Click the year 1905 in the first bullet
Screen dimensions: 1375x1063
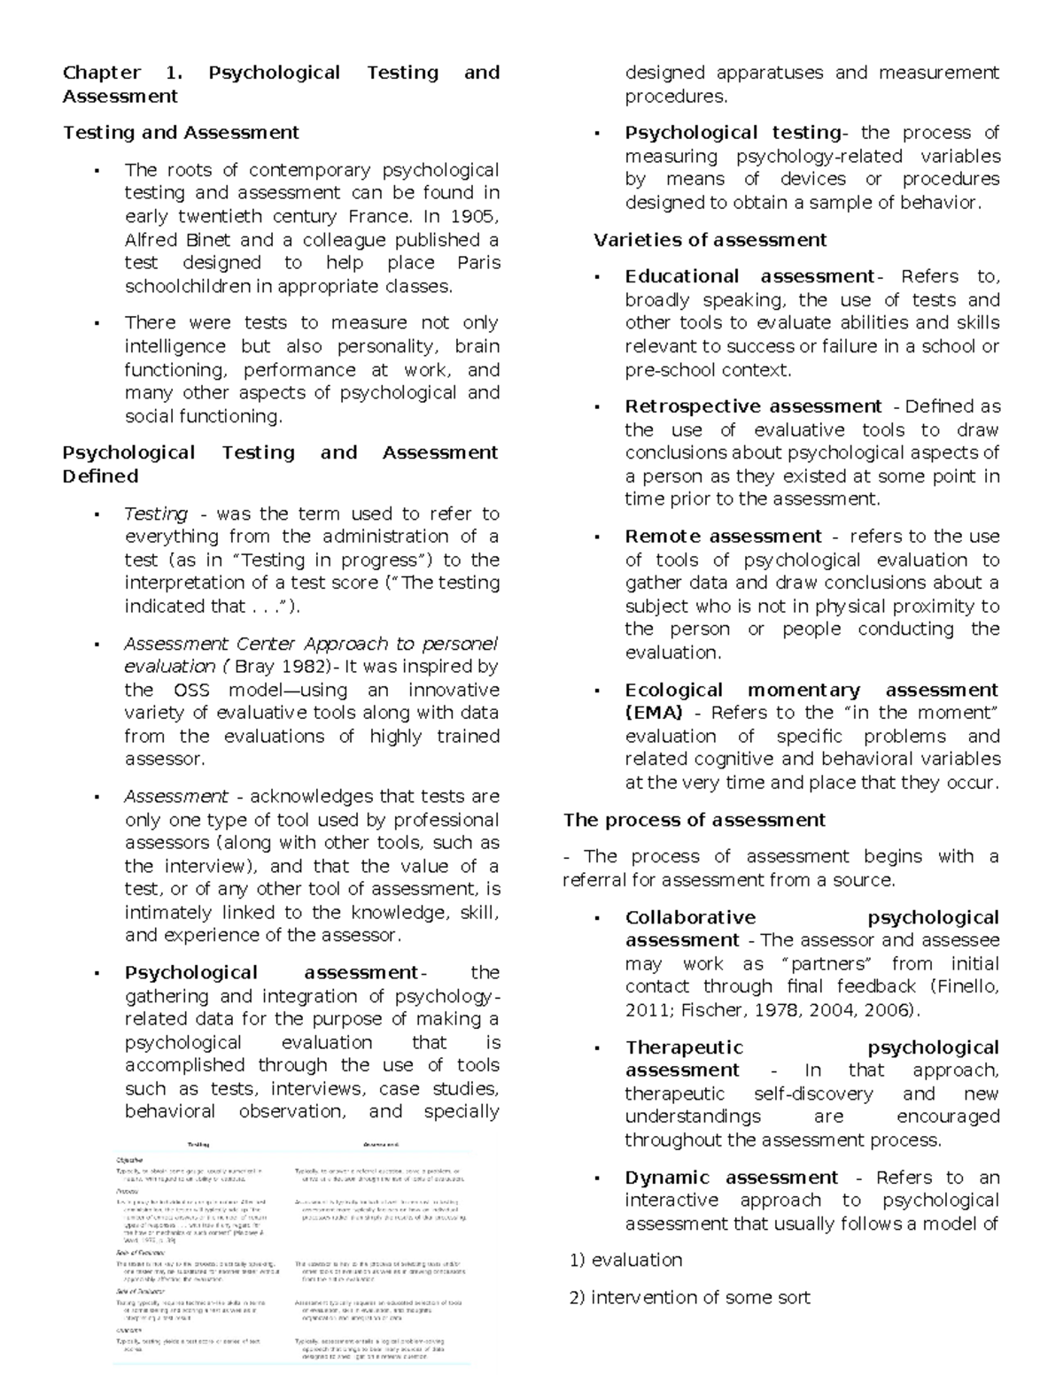[477, 216]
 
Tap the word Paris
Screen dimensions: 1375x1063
[478, 263]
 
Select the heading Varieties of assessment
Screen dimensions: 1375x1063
[710, 240]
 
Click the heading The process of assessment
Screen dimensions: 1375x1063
[694, 820]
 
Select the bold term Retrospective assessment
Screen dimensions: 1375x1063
[753, 406]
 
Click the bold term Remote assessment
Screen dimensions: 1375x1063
[723, 537]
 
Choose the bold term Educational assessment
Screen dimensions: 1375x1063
[749, 276]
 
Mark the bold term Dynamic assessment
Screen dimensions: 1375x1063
[731, 1178]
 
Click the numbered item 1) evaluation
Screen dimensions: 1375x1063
[625, 1260]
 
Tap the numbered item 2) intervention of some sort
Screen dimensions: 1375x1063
[689, 1297]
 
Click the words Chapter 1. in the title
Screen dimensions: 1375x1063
[121, 73]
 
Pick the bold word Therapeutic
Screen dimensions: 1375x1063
[684, 1047]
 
